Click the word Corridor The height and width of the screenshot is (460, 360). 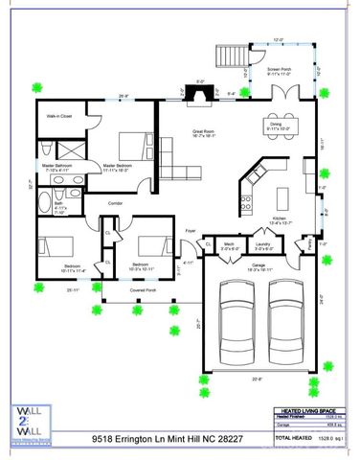[x=116, y=202]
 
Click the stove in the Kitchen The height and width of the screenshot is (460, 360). [x=245, y=202]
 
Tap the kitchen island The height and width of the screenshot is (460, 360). [x=284, y=199]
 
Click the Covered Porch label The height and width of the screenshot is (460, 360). [x=143, y=288]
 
